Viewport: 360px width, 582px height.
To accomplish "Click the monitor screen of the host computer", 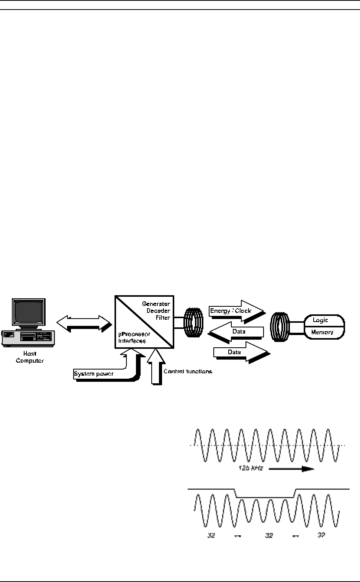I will (x=28, y=313).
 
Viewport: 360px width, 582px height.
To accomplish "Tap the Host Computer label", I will (x=29, y=357).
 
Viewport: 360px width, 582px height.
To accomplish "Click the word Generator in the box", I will (x=156, y=304).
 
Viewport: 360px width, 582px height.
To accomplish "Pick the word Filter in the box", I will (x=163, y=317).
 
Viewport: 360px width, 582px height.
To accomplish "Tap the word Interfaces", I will (x=132, y=340).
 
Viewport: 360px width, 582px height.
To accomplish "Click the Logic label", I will (x=321, y=320).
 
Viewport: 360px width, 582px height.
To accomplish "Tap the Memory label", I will (x=322, y=332).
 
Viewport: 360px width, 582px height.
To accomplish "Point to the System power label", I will (x=93, y=373).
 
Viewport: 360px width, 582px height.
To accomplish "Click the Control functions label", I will (x=188, y=371).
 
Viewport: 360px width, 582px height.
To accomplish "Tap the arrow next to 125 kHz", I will (x=291, y=468).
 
